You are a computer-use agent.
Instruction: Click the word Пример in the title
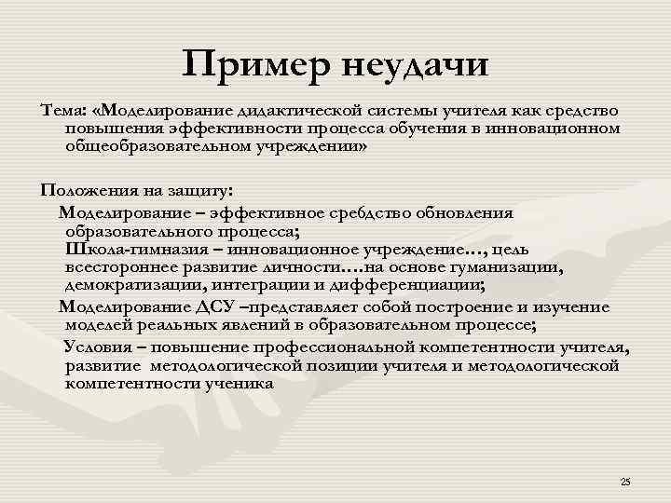(257, 67)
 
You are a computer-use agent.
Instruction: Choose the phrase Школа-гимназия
(131, 250)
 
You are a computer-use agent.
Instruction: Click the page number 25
(624, 481)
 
